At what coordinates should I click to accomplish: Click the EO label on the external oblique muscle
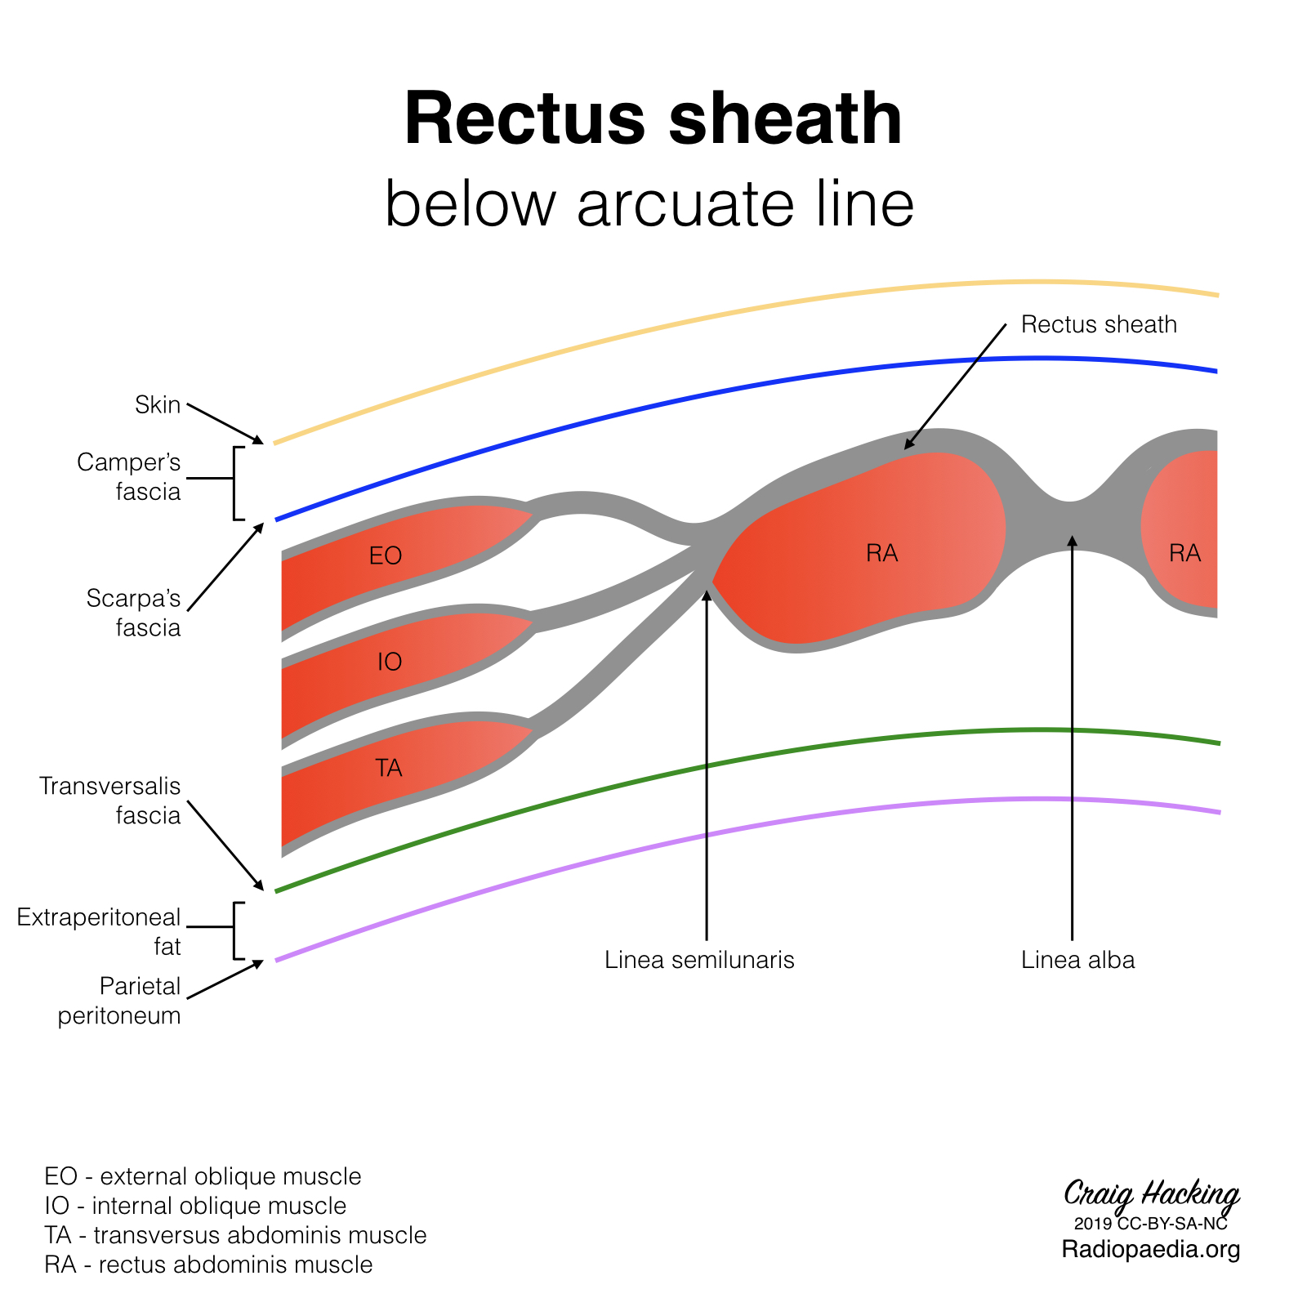(386, 556)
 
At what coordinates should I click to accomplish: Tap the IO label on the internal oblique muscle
(390, 662)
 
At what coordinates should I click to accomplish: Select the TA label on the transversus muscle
(389, 768)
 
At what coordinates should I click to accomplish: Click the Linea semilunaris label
(699, 960)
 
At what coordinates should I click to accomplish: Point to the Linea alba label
(1077, 960)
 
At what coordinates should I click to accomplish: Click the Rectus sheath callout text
(1099, 325)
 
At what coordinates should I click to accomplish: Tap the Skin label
(158, 404)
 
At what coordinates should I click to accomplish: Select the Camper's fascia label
(129, 477)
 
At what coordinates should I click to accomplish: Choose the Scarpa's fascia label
(134, 613)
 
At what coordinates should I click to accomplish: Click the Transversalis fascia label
(111, 801)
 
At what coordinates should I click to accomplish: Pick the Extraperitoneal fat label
(100, 931)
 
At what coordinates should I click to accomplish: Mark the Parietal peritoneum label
(119, 1001)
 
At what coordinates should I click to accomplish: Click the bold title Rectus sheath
(653, 119)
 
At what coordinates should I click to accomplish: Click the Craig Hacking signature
(1151, 1194)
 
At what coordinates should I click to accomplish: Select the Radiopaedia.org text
(1151, 1249)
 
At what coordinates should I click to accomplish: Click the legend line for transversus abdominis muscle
(235, 1235)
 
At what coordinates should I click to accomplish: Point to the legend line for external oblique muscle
(203, 1176)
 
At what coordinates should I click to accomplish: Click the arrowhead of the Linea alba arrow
(1073, 540)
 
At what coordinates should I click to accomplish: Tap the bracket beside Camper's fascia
(235, 483)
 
